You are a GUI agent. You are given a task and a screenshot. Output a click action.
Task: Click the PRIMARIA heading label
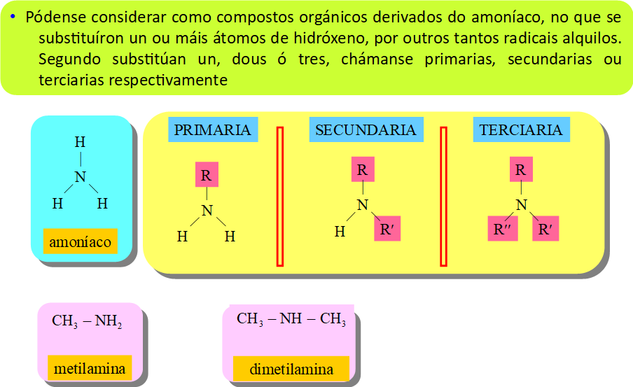213,130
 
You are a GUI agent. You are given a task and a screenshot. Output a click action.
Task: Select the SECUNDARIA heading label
366,130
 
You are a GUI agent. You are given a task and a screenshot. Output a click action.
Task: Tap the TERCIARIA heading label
521,130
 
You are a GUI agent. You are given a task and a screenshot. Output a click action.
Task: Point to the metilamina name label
90,368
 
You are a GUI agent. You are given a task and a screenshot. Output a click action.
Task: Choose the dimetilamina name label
291,369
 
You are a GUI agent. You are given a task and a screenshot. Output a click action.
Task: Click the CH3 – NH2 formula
87,322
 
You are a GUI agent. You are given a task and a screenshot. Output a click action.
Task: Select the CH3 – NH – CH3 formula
291,320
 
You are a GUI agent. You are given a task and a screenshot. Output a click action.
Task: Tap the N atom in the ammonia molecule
81,177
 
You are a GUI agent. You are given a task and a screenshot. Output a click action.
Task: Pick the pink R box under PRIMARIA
206,176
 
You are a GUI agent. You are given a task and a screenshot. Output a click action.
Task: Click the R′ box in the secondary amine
387,229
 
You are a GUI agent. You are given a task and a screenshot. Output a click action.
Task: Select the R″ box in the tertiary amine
502,229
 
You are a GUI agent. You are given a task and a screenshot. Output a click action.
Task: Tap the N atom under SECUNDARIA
362,204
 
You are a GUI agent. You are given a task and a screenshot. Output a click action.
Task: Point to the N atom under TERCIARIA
521,204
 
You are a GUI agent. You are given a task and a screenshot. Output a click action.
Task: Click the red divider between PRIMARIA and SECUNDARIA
280,196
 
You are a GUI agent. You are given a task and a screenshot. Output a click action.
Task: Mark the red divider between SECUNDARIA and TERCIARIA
443,196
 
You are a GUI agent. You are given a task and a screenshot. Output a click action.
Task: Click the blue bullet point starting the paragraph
13,17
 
